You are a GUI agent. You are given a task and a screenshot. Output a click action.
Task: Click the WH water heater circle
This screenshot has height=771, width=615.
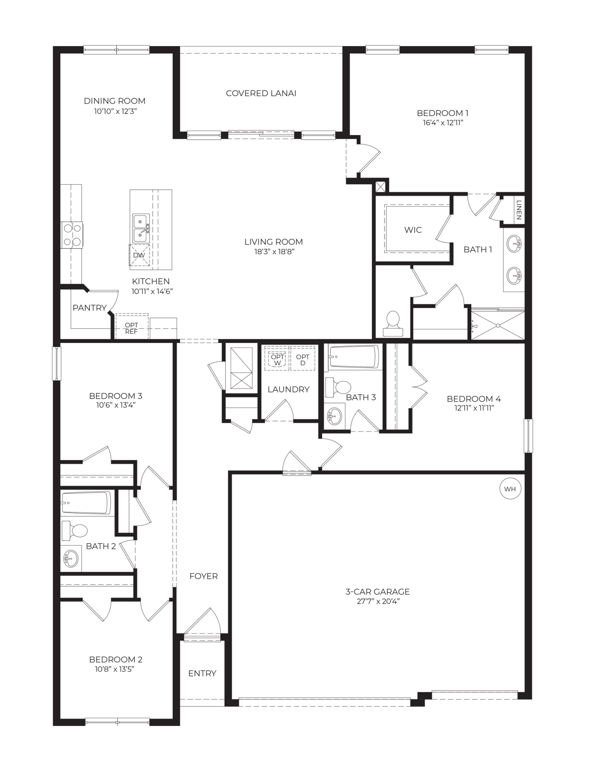pyautogui.click(x=510, y=489)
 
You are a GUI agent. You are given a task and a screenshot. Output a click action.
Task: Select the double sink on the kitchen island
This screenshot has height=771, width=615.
pyautogui.click(x=141, y=228)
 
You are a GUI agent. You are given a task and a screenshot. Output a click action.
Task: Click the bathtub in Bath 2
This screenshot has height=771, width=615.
pyautogui.click(x=86, y=503)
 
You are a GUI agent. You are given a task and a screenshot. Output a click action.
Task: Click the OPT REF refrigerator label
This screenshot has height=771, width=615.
pyautogui.click(x=131, y=328)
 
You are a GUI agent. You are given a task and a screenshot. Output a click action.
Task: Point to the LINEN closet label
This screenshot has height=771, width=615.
pyautogui.click(x=519, y=210)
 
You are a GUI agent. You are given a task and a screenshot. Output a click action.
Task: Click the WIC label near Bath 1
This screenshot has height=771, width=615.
pyautogui.click(x=413, y=230)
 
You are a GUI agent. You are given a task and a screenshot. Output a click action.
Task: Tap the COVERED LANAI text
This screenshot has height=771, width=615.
pyautogui.click(x=261, y=93)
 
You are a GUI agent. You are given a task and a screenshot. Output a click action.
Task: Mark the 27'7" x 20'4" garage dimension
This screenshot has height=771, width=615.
pyautogui.click(x=378, y=601)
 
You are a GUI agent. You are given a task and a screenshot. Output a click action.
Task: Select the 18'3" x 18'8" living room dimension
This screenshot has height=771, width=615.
pyautogui.click(x=274, y=251)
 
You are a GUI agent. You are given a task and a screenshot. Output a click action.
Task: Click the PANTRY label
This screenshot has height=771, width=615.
pyautogui.click(x=89, y=307)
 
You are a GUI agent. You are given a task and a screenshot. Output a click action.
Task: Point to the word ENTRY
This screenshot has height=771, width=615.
pyautogui.click(x=202, y=673)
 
